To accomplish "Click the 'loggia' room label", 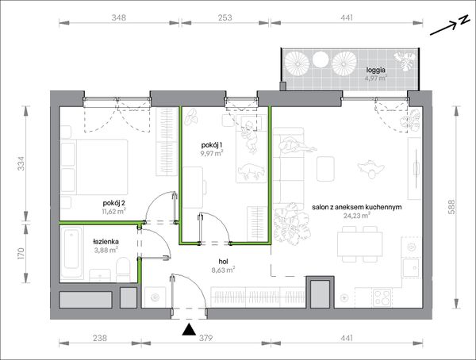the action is click(x=375, y=70).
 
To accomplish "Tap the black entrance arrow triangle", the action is click(x=189, y=330).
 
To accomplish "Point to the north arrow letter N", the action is click(x=463, y=20).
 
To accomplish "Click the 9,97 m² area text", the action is click(x=212, y=153).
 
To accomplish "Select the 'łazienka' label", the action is click(x=106, y=242).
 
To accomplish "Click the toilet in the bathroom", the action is click(x=123, y=270).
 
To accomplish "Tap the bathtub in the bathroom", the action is click(x=71, y=252).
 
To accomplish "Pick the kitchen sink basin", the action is click(x=411, y=268).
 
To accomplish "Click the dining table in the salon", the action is click(x=359, y=244).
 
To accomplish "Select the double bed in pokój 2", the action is click(x=94, y=167).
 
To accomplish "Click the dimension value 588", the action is click(x=451, y=207).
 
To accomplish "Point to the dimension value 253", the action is click(x=225, y=17).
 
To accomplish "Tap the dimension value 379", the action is click(x=205, y=338).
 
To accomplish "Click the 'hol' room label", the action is click(x=223, y=262).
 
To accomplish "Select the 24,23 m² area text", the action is click(x=357, y=216).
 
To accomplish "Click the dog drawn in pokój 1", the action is click(x=249, y=171).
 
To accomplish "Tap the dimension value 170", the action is click(x=21, y=253).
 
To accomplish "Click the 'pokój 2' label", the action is click(x=114, y=203).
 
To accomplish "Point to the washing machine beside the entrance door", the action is click(x=155, y=297).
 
